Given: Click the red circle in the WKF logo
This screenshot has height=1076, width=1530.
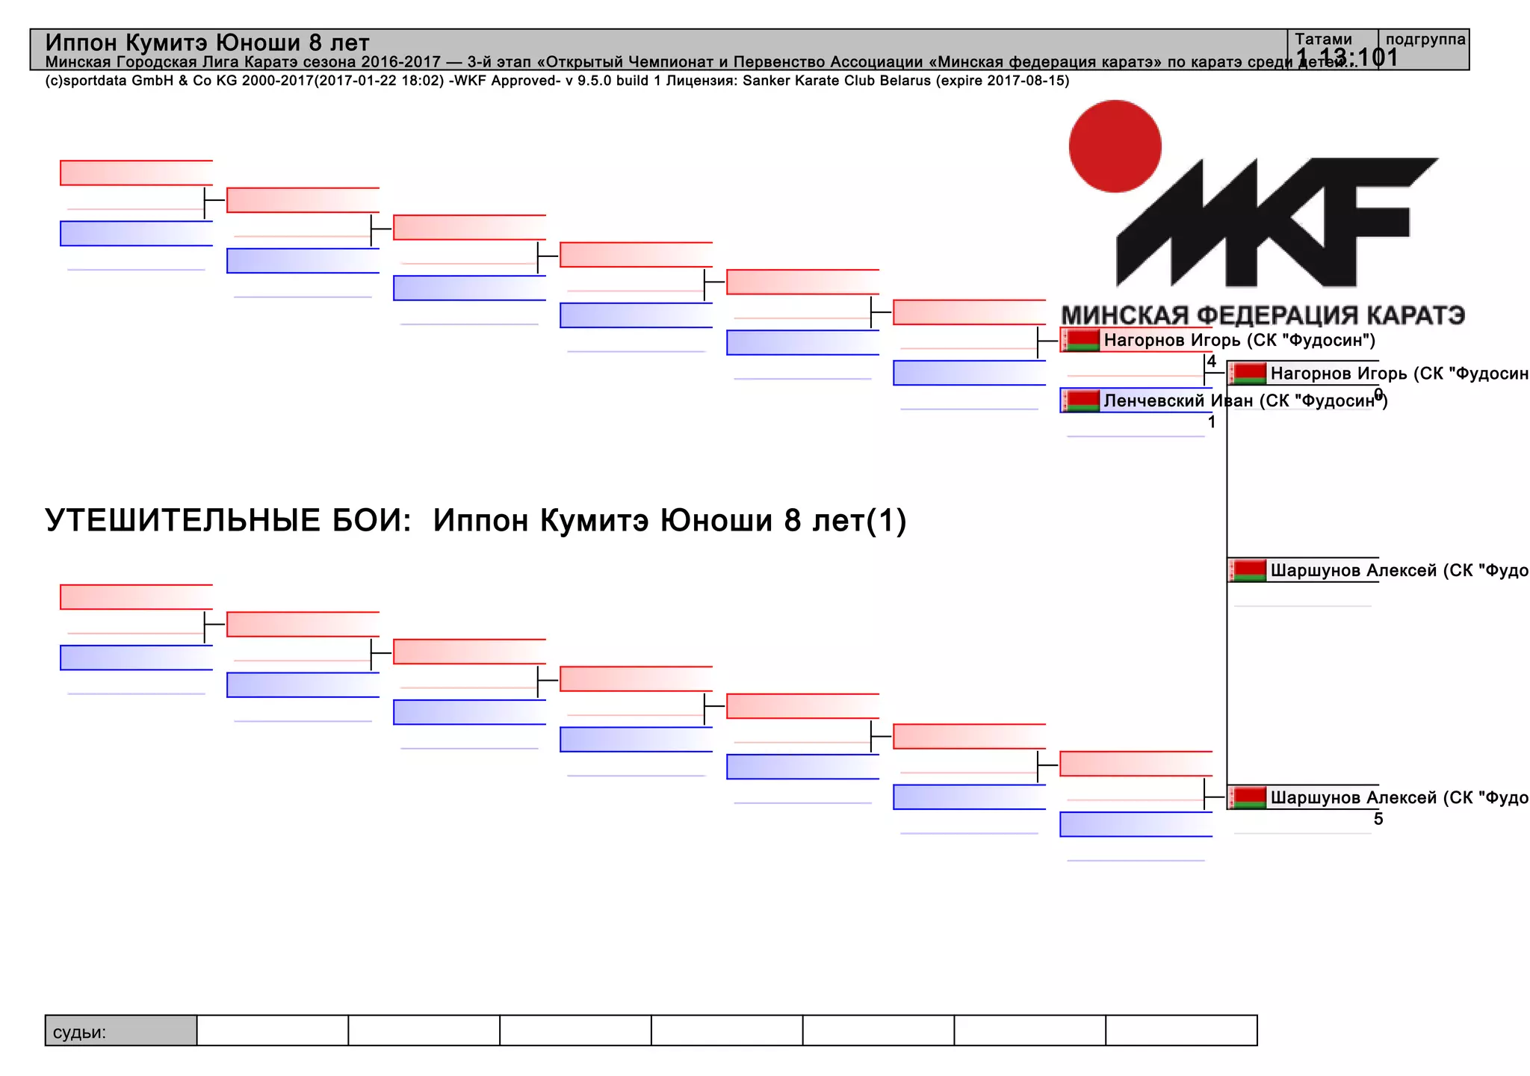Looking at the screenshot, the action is [1115, 146].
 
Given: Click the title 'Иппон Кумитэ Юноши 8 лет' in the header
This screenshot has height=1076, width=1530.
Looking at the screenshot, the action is [207, 43].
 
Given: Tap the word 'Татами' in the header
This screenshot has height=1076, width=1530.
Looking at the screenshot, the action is [1323, 39].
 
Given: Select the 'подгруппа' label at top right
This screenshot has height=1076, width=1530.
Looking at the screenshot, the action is [1425, 39].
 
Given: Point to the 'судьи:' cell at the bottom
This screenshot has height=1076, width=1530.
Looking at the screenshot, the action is [79, 1032].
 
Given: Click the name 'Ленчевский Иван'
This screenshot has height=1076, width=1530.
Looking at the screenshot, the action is [1178, 401].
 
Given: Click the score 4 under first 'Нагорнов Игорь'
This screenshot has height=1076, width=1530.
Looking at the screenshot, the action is [1212, 362].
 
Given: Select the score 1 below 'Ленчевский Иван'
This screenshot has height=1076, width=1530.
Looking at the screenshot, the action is [1212, 422].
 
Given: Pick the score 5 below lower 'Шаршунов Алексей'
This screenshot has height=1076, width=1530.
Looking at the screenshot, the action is [1378, 819].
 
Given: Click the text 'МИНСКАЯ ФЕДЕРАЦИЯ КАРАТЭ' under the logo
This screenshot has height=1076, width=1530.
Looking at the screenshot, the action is [1263, 315].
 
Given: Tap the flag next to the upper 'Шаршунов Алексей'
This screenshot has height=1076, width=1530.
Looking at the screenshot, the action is [1249, 570].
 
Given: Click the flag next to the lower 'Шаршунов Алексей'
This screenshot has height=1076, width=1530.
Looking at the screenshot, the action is [1249, 797].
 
